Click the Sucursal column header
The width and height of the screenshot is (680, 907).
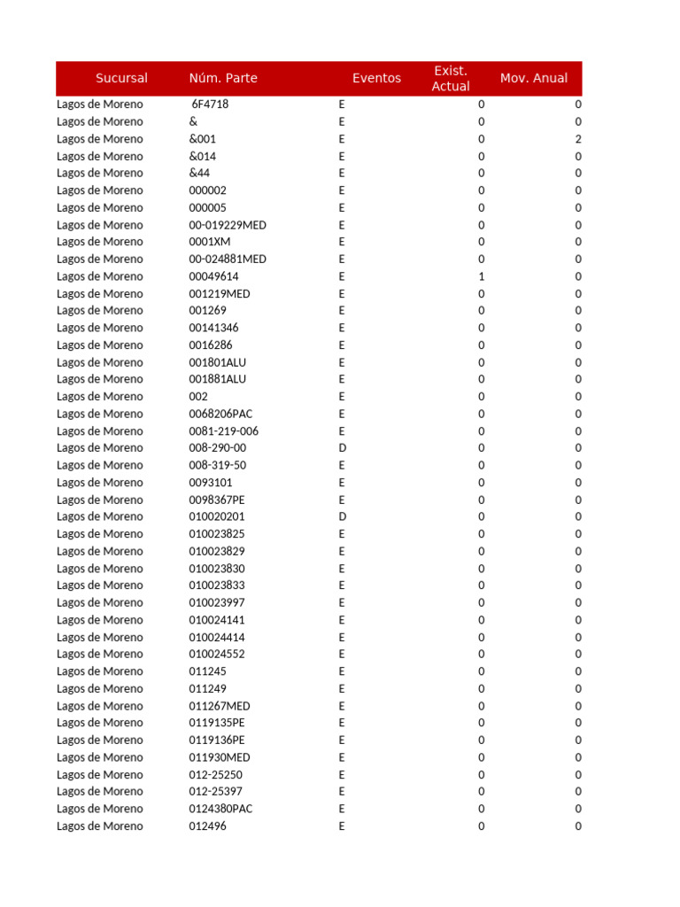point(121,78)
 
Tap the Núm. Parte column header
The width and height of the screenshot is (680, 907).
point(223,78)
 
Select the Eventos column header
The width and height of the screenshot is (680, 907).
point(376,78)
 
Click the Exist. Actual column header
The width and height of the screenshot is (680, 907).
point(451,78)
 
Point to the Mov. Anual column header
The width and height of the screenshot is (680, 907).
point(534,78)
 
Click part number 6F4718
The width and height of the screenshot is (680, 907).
point(210,105)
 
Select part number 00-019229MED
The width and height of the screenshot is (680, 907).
point(228,225)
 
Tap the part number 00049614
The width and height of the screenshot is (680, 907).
point(213,276)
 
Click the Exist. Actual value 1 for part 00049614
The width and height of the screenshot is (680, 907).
point(482,276)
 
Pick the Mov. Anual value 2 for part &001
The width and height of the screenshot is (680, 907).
point(578,139)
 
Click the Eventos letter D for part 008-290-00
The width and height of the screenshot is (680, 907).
point(343,448)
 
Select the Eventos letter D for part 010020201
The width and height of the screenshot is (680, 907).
point(343,516)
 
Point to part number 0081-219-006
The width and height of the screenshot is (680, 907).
point(223,431)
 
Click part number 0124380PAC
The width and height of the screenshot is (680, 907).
point(220,809)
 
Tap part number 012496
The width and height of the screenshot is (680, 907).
point(208,826)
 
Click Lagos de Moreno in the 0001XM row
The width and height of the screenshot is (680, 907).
point(99,242)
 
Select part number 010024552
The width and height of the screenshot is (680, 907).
point(217,655)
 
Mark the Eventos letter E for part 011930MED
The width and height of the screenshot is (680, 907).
point(342,757)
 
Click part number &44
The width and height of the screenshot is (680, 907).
point(199,174)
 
